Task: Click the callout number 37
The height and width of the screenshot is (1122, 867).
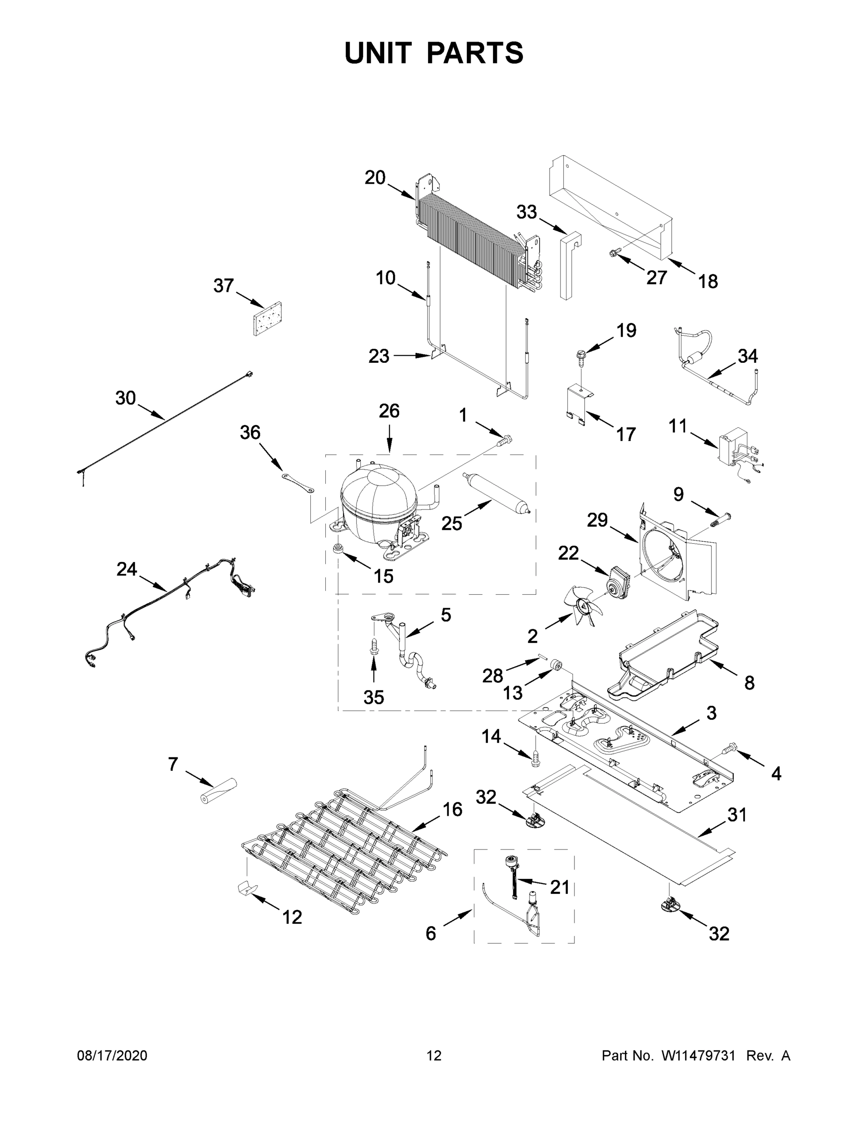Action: click(223, 286)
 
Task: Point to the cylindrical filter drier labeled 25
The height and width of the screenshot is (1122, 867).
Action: click(495, 493)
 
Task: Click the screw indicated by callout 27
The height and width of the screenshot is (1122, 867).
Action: click(615, 252)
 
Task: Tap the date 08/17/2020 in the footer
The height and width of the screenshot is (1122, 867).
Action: click(112, 1056)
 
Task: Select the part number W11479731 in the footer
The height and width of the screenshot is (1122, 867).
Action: click(698, 1056)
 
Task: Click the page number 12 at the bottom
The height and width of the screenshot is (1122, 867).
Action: click(434, 1056)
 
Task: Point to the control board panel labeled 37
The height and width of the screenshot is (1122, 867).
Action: click(268, 318)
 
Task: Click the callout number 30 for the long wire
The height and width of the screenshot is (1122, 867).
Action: click(125, 398)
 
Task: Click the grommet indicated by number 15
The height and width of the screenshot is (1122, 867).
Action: click(339, 549)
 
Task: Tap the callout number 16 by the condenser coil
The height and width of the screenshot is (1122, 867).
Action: click(452, 810)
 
